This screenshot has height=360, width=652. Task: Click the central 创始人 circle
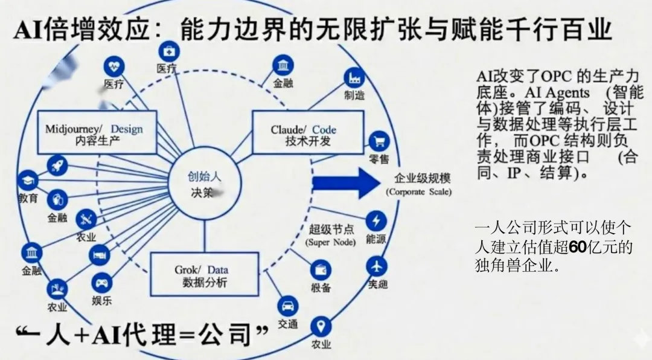pos(203,184)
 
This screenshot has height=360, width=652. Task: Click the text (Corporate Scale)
pos(418,192)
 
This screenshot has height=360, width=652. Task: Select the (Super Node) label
pos(330,242)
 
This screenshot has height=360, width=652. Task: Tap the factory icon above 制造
pos(354,77)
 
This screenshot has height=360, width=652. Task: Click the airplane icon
pos(377,266)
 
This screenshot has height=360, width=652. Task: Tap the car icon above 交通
pos(288,305)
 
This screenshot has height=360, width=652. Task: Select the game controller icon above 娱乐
pos(101,281)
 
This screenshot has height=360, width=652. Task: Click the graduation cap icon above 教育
pos(27,179)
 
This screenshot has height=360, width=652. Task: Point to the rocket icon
pos(57,164)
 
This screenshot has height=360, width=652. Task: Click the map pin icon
pos(321,327)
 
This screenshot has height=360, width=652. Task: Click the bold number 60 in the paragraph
pos(578,247)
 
